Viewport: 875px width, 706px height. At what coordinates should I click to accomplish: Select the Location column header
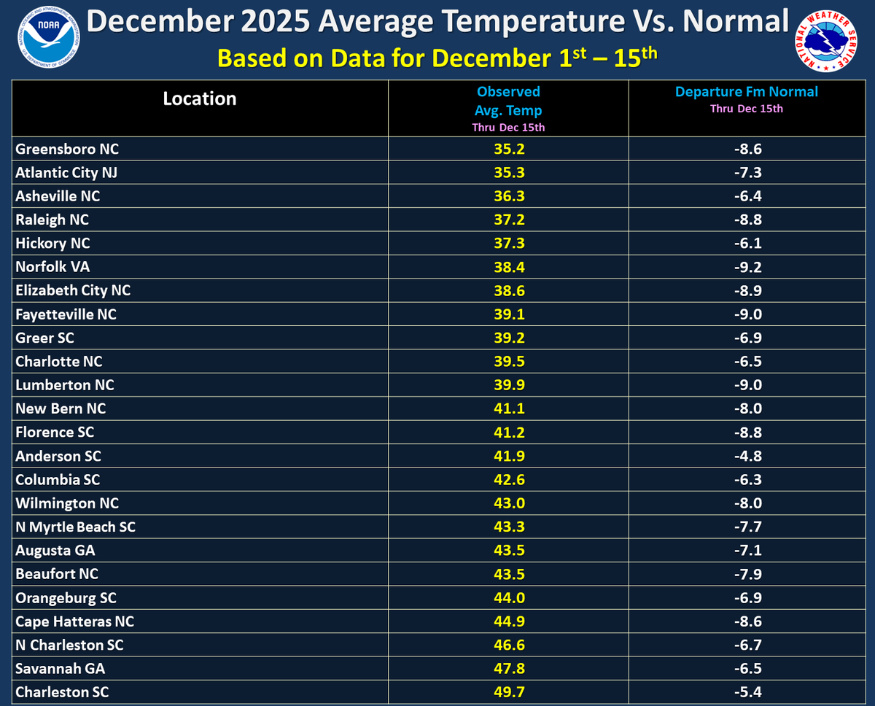tap(200, 99)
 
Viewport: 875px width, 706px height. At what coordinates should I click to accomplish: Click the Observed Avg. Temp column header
tap(508, 101)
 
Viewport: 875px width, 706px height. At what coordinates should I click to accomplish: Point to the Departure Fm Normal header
tap(746, 92)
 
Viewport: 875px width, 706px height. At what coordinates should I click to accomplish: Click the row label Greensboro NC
tap(67, 150)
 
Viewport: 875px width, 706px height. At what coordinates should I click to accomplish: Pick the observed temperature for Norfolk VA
tap(508, 267)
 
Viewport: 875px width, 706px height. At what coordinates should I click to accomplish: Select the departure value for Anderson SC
tap(747, 457)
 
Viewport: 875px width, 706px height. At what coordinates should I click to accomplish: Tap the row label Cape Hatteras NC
tap(75, 622)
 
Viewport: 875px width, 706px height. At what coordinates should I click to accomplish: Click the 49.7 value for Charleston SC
tap(508, 692)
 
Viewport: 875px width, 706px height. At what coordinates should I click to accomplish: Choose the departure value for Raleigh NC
tap(747, 220)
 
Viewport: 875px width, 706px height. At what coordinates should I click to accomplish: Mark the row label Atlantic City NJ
tap(66, 173)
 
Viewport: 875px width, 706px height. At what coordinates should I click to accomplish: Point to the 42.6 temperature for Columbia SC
tap(508, 480)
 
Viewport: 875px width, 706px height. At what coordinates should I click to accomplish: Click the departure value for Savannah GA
tap(747, 669)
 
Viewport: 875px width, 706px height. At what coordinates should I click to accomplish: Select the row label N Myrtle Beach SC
tap(76, 527)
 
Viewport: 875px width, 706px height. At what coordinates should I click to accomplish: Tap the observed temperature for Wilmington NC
tap(508, 503)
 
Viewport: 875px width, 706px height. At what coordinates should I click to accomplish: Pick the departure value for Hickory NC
tap(747, 244)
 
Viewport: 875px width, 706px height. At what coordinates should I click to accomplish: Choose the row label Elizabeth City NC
tap(73, 290)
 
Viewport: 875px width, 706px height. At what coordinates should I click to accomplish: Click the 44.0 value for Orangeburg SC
tap(508, 598)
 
